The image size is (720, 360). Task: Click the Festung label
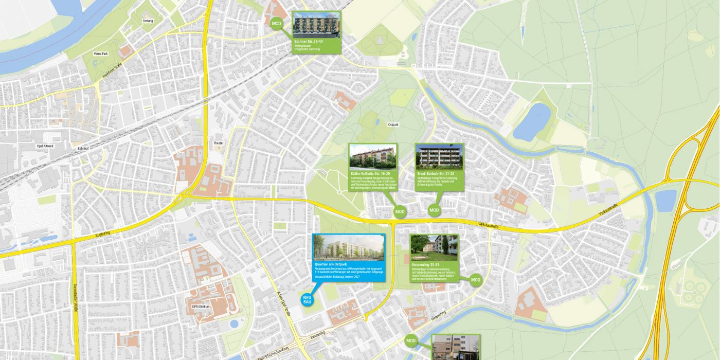pyautogui.click(x=148, y=21)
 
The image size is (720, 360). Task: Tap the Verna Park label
pyautogui.click(x=101, y=53)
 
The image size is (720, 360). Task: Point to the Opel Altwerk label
pyautogui.click(x=45, y=146)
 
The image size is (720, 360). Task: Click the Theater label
pyautogui.click(x=219, y=143)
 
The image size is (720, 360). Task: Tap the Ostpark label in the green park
pyautogui.click(x=393, y=124)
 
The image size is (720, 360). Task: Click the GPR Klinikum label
pyautogui.click(x=202, y=307)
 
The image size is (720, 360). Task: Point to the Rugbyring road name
pyautogui.click(x=103, y=234)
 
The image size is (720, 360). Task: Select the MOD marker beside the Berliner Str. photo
pyautogui.click(x=277, y=24)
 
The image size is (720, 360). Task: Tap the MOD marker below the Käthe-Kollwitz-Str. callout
pyautogui.click(x=400, y=211)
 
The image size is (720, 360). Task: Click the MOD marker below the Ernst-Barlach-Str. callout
pyautogui.click(x=435, y=210)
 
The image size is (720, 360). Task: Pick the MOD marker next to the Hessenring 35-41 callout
pyautogui.click(x=475, y=280)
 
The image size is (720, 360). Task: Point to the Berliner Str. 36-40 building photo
pyautogui.click(x=316, y=25)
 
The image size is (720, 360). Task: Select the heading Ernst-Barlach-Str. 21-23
pyautogui.click(x=436, y=174)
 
